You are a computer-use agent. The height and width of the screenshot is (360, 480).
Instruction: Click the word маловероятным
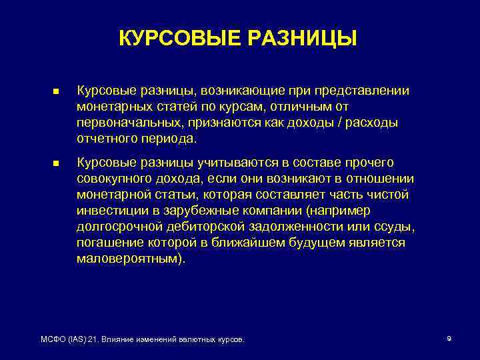127,259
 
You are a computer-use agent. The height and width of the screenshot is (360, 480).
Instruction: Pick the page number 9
449,339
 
